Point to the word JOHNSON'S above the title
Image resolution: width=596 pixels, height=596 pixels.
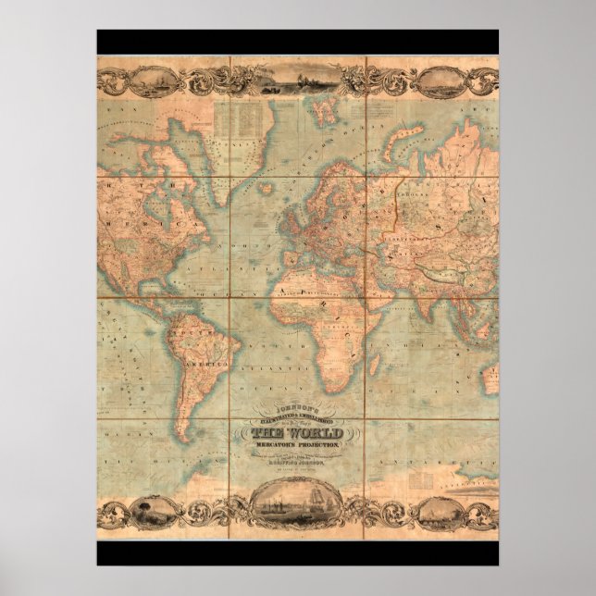(297, 406)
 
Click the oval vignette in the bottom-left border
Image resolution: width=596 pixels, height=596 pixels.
(149, 512)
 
